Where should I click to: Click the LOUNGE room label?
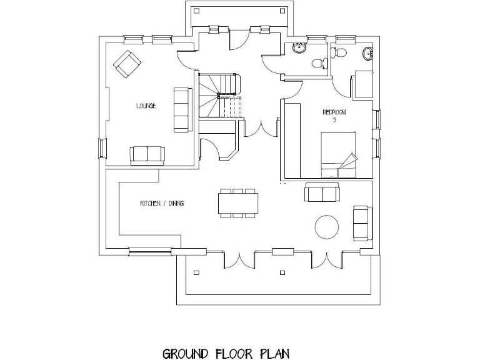pos(146,106)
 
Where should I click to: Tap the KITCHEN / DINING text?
pos(161,204)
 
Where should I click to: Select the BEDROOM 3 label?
pos(334,115)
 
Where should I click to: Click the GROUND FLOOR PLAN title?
pos(226,354)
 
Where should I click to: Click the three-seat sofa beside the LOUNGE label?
pos(182,109)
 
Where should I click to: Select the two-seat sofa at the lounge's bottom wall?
pos(147,154)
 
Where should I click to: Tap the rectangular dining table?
pos(238,203)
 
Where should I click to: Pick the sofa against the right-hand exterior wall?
pos(361,222)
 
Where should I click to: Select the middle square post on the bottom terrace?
pos(282,272)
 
